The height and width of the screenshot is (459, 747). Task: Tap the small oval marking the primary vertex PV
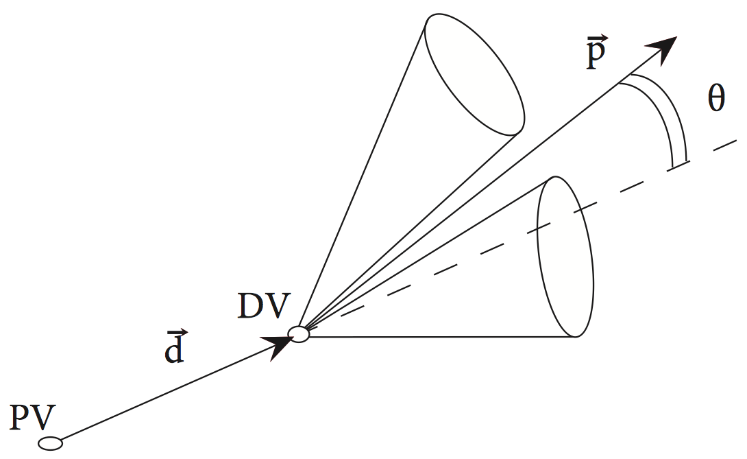coord(50,444)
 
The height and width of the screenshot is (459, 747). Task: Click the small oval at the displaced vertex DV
coord(299,334)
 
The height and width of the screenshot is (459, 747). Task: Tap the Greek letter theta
coord(715,102)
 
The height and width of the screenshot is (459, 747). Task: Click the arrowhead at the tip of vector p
coord(661,49)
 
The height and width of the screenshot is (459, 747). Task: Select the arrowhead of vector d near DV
coord(280,346)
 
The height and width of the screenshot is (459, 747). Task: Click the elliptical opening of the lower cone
coord(563,257)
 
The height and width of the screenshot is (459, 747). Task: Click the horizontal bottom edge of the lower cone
coord(439,336)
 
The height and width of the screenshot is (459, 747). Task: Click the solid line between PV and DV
coord(164,392)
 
